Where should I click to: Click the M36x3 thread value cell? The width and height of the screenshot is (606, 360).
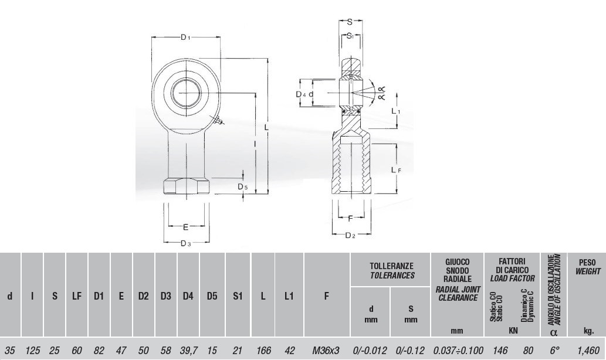pos(326,351)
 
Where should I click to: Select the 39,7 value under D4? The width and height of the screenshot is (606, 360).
pos(188,351)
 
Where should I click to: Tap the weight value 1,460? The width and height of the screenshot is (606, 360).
pos(588,351)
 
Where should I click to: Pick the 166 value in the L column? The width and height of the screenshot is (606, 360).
pos(263,351)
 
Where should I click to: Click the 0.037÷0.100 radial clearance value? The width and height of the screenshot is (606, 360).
pos(458,351)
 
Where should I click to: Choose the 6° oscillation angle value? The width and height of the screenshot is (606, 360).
pos(554,351)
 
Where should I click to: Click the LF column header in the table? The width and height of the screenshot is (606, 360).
pos(77,296)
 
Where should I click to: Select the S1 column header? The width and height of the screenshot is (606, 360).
pos(238,296)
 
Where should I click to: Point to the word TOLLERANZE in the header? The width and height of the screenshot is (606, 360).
pos(391,266)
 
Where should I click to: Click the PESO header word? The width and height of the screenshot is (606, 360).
pos(587,262)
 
